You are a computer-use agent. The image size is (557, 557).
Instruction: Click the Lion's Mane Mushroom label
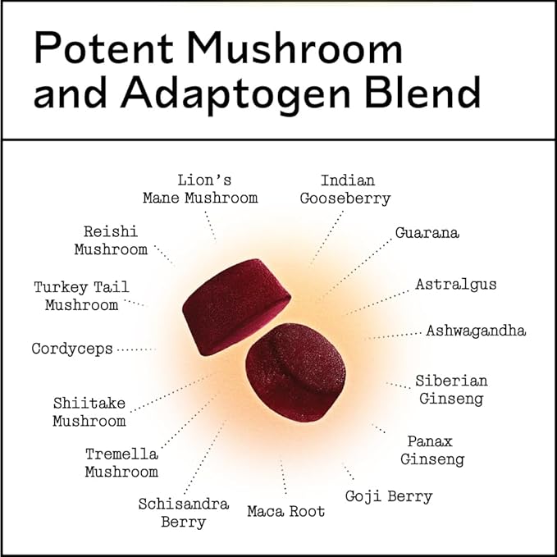point(200,189)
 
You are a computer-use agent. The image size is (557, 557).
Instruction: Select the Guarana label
point(427,233)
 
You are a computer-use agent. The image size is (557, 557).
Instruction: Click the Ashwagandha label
point(476,331)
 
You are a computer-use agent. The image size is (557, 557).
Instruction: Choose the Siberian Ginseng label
point(451,390)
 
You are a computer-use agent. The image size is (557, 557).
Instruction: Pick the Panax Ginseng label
point(432,450)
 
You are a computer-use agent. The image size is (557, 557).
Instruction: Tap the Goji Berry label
point(388,496)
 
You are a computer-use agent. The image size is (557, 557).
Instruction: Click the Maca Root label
point(286,512)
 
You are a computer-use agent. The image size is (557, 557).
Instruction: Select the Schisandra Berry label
point(183,513)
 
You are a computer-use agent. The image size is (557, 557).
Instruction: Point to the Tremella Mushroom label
point(121,463)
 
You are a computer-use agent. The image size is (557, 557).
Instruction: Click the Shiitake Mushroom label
point(89,412)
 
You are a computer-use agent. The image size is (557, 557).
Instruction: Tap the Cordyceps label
point(72,349)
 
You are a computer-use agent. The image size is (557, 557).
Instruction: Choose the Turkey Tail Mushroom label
point(81,296)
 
